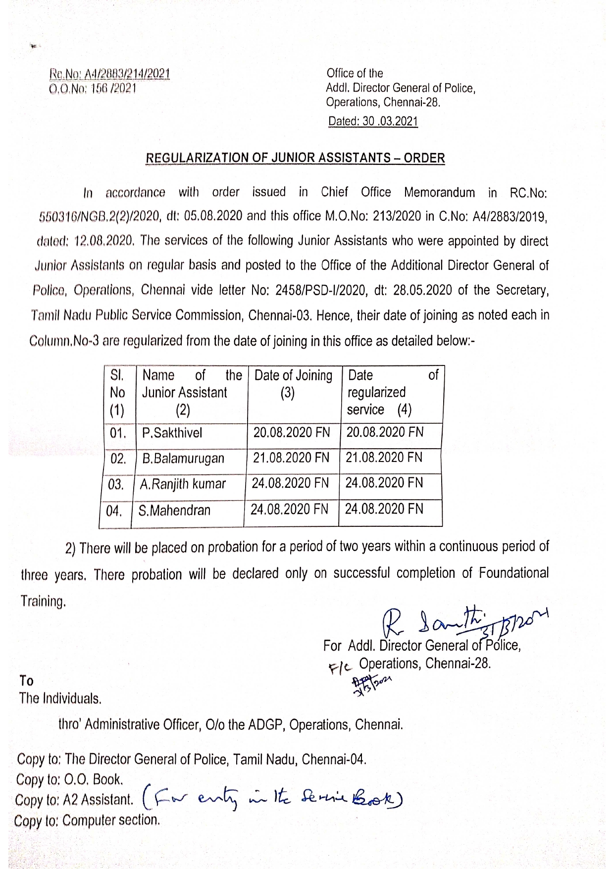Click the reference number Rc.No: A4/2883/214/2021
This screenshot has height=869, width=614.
tap(109, 74)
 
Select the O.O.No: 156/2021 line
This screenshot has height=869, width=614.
tap(93, 89)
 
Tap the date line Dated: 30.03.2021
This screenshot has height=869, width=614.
tap(373, 121)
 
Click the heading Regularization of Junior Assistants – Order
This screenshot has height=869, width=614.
tap(295, 158)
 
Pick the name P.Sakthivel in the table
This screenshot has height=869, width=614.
tap(172, 433)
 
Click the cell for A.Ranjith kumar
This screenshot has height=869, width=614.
tap(183, 484)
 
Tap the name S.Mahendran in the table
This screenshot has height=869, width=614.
tap(174, 511)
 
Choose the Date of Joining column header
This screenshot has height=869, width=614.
tap(293, 376)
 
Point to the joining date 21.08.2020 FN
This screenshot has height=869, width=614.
tap(291, 458)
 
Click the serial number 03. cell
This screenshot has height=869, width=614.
tap(116, 485)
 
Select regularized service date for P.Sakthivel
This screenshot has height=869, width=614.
tap(385, 432)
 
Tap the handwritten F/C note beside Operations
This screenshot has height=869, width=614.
tap(340, 668)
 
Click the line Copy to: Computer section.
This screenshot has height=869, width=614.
tap(87, 820)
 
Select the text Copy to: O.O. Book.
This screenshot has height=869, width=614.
tap(69, 780)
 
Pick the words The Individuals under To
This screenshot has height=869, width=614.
tap(60, 699)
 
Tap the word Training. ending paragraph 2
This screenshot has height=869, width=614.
tap(43, 602)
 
